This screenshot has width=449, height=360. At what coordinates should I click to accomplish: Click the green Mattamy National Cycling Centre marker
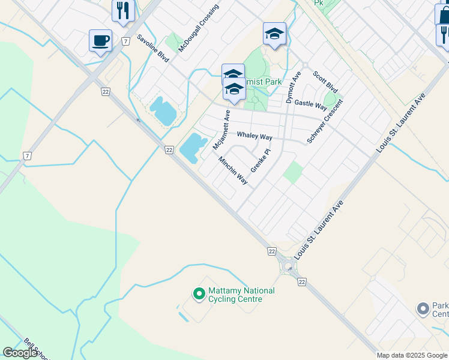(199, 294)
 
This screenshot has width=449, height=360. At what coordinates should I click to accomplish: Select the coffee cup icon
(100, 41)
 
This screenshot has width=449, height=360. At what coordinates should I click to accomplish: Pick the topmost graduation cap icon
(274, 34)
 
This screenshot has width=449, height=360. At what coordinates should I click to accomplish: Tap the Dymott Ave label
(292, 88)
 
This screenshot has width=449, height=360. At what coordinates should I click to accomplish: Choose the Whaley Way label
(255, 136)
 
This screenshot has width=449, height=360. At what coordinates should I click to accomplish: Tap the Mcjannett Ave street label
(221, 130)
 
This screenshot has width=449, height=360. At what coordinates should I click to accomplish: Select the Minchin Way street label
(233, 170)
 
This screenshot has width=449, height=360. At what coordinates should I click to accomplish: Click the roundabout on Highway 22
(288, 266)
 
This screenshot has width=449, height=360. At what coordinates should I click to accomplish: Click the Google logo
(20, 353)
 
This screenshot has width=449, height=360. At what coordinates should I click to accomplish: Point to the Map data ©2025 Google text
(412, 355)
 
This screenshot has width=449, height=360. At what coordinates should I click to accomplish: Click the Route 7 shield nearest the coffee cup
(125, 41)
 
